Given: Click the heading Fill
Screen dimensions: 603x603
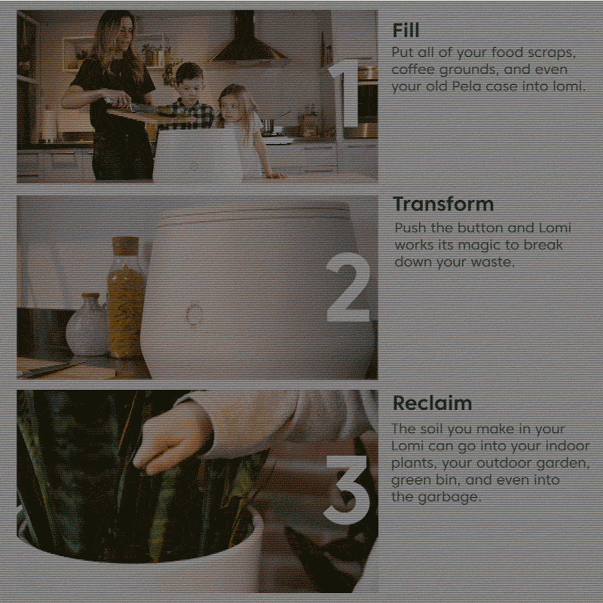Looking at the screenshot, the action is [x=406, y=30].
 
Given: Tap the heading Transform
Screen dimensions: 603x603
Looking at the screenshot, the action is [x=443, y=204].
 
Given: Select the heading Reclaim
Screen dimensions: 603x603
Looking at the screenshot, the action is [x=432, y=403].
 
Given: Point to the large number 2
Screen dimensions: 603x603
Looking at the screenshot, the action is [x=348, y=287].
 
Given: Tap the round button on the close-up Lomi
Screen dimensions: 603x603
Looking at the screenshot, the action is [x=194, y=314].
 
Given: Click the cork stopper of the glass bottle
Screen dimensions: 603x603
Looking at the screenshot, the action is [x=125, y=246].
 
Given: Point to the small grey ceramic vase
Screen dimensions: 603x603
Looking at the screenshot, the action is [x=87, y=324].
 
